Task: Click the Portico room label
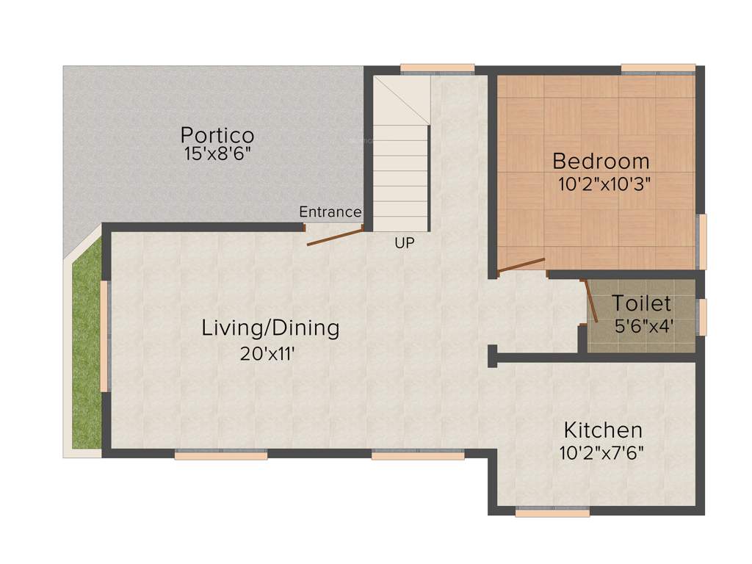[217, 136]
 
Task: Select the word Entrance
[330, 212]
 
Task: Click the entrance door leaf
[335, 237]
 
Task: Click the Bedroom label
[601, 161]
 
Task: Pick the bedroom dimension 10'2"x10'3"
[604, 183]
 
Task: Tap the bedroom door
[521, 265]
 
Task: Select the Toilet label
[641, 303]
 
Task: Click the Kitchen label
[602, 430]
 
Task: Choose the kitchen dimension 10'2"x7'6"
[601, 452]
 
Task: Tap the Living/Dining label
[270, 328]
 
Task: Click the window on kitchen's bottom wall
[552, 513]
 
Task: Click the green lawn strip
[86, 352]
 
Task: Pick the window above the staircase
[438, 70]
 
